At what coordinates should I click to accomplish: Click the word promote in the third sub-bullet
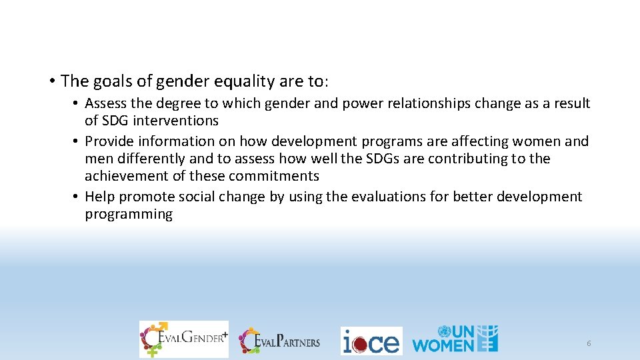[150, 197]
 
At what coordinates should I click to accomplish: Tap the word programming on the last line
[129, 214]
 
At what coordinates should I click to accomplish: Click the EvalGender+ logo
[183, 339]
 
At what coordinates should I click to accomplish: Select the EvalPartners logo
[280, 341]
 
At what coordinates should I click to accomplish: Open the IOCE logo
[371, 341]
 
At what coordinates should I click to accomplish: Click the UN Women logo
[455, 339]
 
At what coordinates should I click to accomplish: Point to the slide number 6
[589, 343]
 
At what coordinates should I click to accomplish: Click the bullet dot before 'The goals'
[51, 82]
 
